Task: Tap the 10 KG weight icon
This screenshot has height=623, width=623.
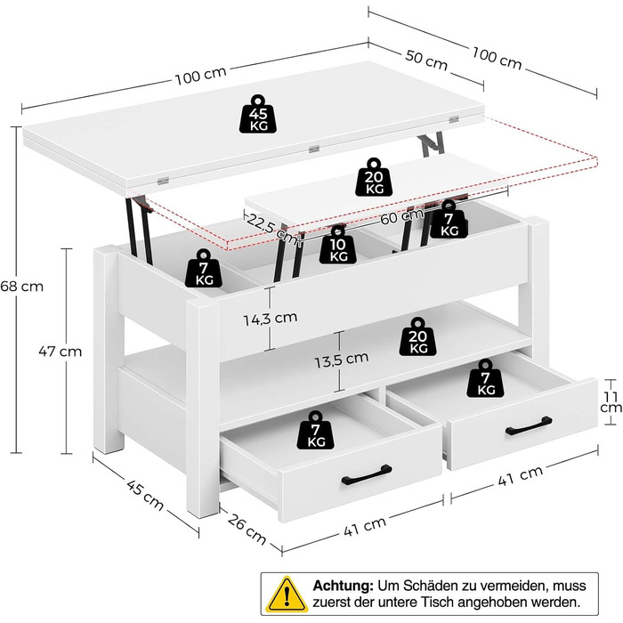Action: [x=339, y=245]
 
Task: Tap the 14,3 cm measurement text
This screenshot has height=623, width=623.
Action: [x=273, y=317]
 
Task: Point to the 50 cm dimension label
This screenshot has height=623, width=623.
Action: [x=426, y=62]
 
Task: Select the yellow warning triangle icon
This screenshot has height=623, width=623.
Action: [x=286, y=591]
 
